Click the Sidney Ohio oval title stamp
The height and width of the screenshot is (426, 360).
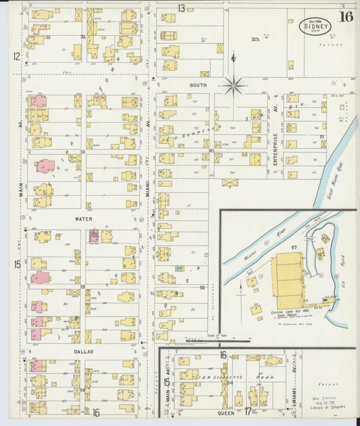[315, 26]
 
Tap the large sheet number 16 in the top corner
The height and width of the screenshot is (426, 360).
[346, 17]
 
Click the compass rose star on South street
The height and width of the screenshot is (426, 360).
[234, 85]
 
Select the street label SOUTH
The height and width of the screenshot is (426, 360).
[198, 85]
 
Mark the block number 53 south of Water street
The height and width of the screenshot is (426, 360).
[82, 288]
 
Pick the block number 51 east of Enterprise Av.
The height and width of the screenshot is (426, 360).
[322, 137]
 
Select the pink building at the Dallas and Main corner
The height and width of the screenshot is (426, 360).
[36, 366]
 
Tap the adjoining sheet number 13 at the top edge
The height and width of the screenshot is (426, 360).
[182, 7]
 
